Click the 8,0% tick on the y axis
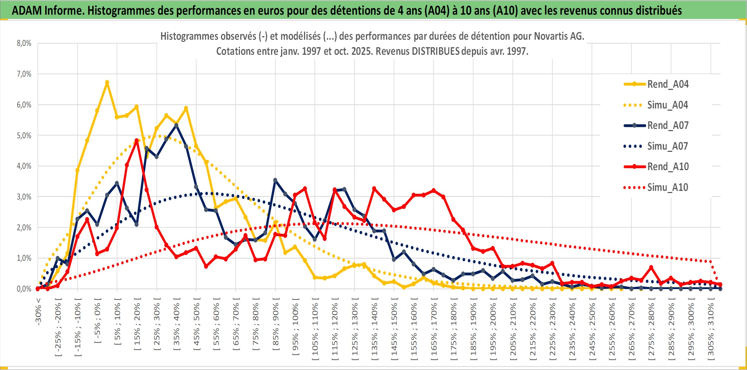pos(24,43)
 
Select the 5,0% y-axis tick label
pos(24,135)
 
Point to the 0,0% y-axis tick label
pos(24,289)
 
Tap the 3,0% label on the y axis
pos(24,197)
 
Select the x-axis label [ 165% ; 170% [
pos(434,330)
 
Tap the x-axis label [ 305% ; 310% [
pos(711,330)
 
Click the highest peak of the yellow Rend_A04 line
pos(107,82)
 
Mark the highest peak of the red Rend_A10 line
pos(136,140)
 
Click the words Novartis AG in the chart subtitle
pos(559,36)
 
